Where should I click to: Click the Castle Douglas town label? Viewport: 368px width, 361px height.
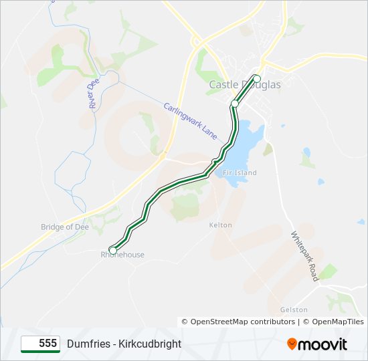coord(245,85)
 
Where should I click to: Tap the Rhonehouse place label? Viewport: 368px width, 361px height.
coord(122,255)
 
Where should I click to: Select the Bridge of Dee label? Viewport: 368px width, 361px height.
coord(65,227)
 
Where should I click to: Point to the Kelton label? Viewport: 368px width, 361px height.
coord(221,225)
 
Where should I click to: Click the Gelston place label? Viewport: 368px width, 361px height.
coord(294,310)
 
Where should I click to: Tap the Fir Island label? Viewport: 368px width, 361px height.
coord(239,172)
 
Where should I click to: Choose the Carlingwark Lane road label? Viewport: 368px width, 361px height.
coord(191,120)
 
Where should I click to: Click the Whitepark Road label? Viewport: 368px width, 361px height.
coord(304,256)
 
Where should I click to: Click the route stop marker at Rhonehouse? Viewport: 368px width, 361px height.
coord(112,250)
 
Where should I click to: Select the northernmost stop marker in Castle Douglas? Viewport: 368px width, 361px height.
coord(256,78)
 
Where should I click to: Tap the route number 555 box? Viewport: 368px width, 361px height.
coord(41,344)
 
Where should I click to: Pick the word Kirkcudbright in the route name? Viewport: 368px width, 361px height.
coord(150,344)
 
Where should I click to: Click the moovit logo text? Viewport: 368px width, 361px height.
coord(323,344)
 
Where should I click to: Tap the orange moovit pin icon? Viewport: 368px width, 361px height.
coord(292,344)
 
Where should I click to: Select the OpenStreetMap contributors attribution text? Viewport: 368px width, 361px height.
coord(242,322)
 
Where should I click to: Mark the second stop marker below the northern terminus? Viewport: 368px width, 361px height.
coord(235,104)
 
